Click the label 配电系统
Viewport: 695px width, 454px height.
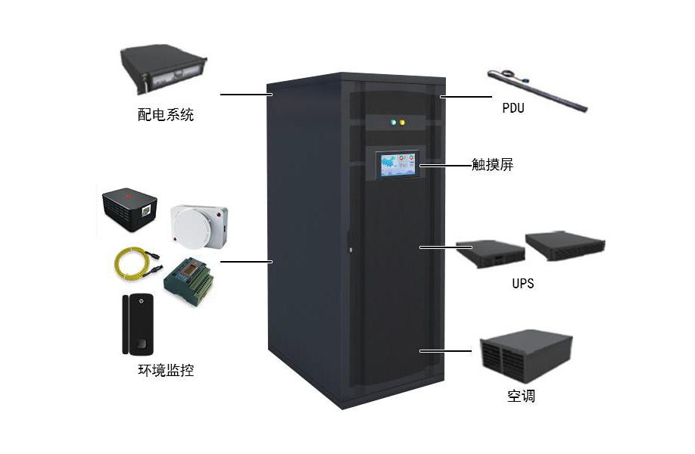pyautogui.click(x=165, y=115)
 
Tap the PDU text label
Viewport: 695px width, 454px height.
pyautogui.click(x=513, y=108)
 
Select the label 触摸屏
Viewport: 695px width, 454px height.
pyautogui.click(x=492, y=164)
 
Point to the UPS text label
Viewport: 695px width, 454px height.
pyautogui.click(x=522, y=284)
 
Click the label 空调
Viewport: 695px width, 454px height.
pyautogui.click(x=521, y=396)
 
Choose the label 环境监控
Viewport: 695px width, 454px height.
pyautogui.click(x=165, y=371)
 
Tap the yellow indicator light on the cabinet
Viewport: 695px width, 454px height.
pyautogui.click(x=402, y=122)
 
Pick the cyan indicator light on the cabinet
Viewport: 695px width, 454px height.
pyautogui.click(x=392, y=122)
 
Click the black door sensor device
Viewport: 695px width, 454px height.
pyautogui.click(x=137, y=325)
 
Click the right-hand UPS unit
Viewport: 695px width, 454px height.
pyautogui.click(x=567, y=243)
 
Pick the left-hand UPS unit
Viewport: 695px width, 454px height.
pyautogui.click(x=490, y=253)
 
